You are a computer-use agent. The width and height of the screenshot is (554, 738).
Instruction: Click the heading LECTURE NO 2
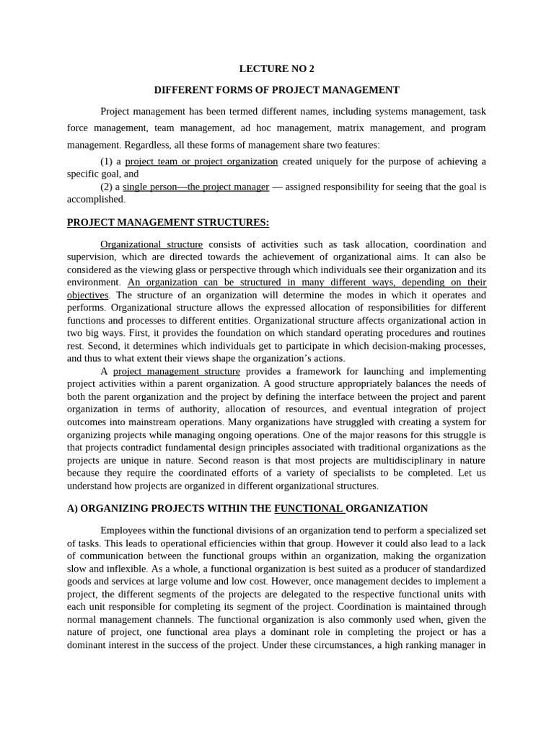coord(277,69)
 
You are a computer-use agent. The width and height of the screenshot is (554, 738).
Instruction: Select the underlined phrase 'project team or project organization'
coord(201,161)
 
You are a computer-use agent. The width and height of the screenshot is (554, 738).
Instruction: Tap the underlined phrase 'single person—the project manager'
coord(195,187)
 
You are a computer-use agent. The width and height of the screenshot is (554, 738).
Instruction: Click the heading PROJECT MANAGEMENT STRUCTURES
coord(168,222)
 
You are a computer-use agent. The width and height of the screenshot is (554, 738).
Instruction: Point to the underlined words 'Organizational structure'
coord(151,244)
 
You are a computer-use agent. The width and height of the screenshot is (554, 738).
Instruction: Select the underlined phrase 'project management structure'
coord(177,371)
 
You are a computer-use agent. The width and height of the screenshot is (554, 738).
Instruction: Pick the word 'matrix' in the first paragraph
coord(349,128)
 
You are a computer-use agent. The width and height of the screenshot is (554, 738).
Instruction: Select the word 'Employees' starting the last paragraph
coord(123,530)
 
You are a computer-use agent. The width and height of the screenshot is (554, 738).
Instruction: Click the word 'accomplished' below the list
coord(95,199)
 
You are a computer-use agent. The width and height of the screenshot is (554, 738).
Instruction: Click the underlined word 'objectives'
coord(88,295)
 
